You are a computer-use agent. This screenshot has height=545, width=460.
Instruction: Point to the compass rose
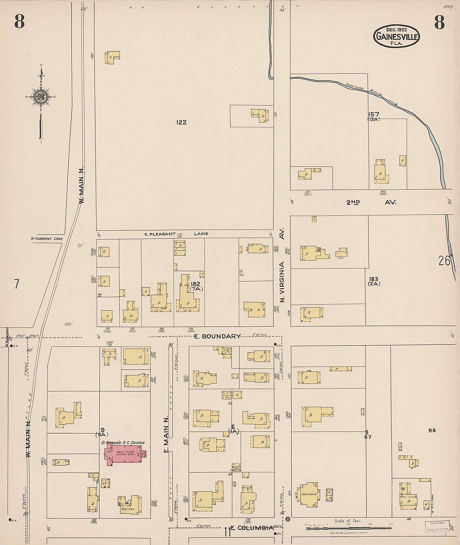tap(41, 97)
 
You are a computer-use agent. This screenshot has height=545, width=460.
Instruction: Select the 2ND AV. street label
tap(371, 202)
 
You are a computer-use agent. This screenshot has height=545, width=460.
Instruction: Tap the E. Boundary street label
tap(217, 336)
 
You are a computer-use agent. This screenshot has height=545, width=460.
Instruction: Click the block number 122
tap(181, 122)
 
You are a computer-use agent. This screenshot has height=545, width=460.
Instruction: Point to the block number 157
tap(374, 114)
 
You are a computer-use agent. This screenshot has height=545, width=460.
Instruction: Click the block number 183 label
tap(374, 279)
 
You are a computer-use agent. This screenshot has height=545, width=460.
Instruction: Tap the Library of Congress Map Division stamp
tap(437, 526)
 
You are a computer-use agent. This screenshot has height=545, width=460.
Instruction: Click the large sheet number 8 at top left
tap(19, 22)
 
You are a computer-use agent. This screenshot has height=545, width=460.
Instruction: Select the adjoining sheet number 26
tap(444, 261)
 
